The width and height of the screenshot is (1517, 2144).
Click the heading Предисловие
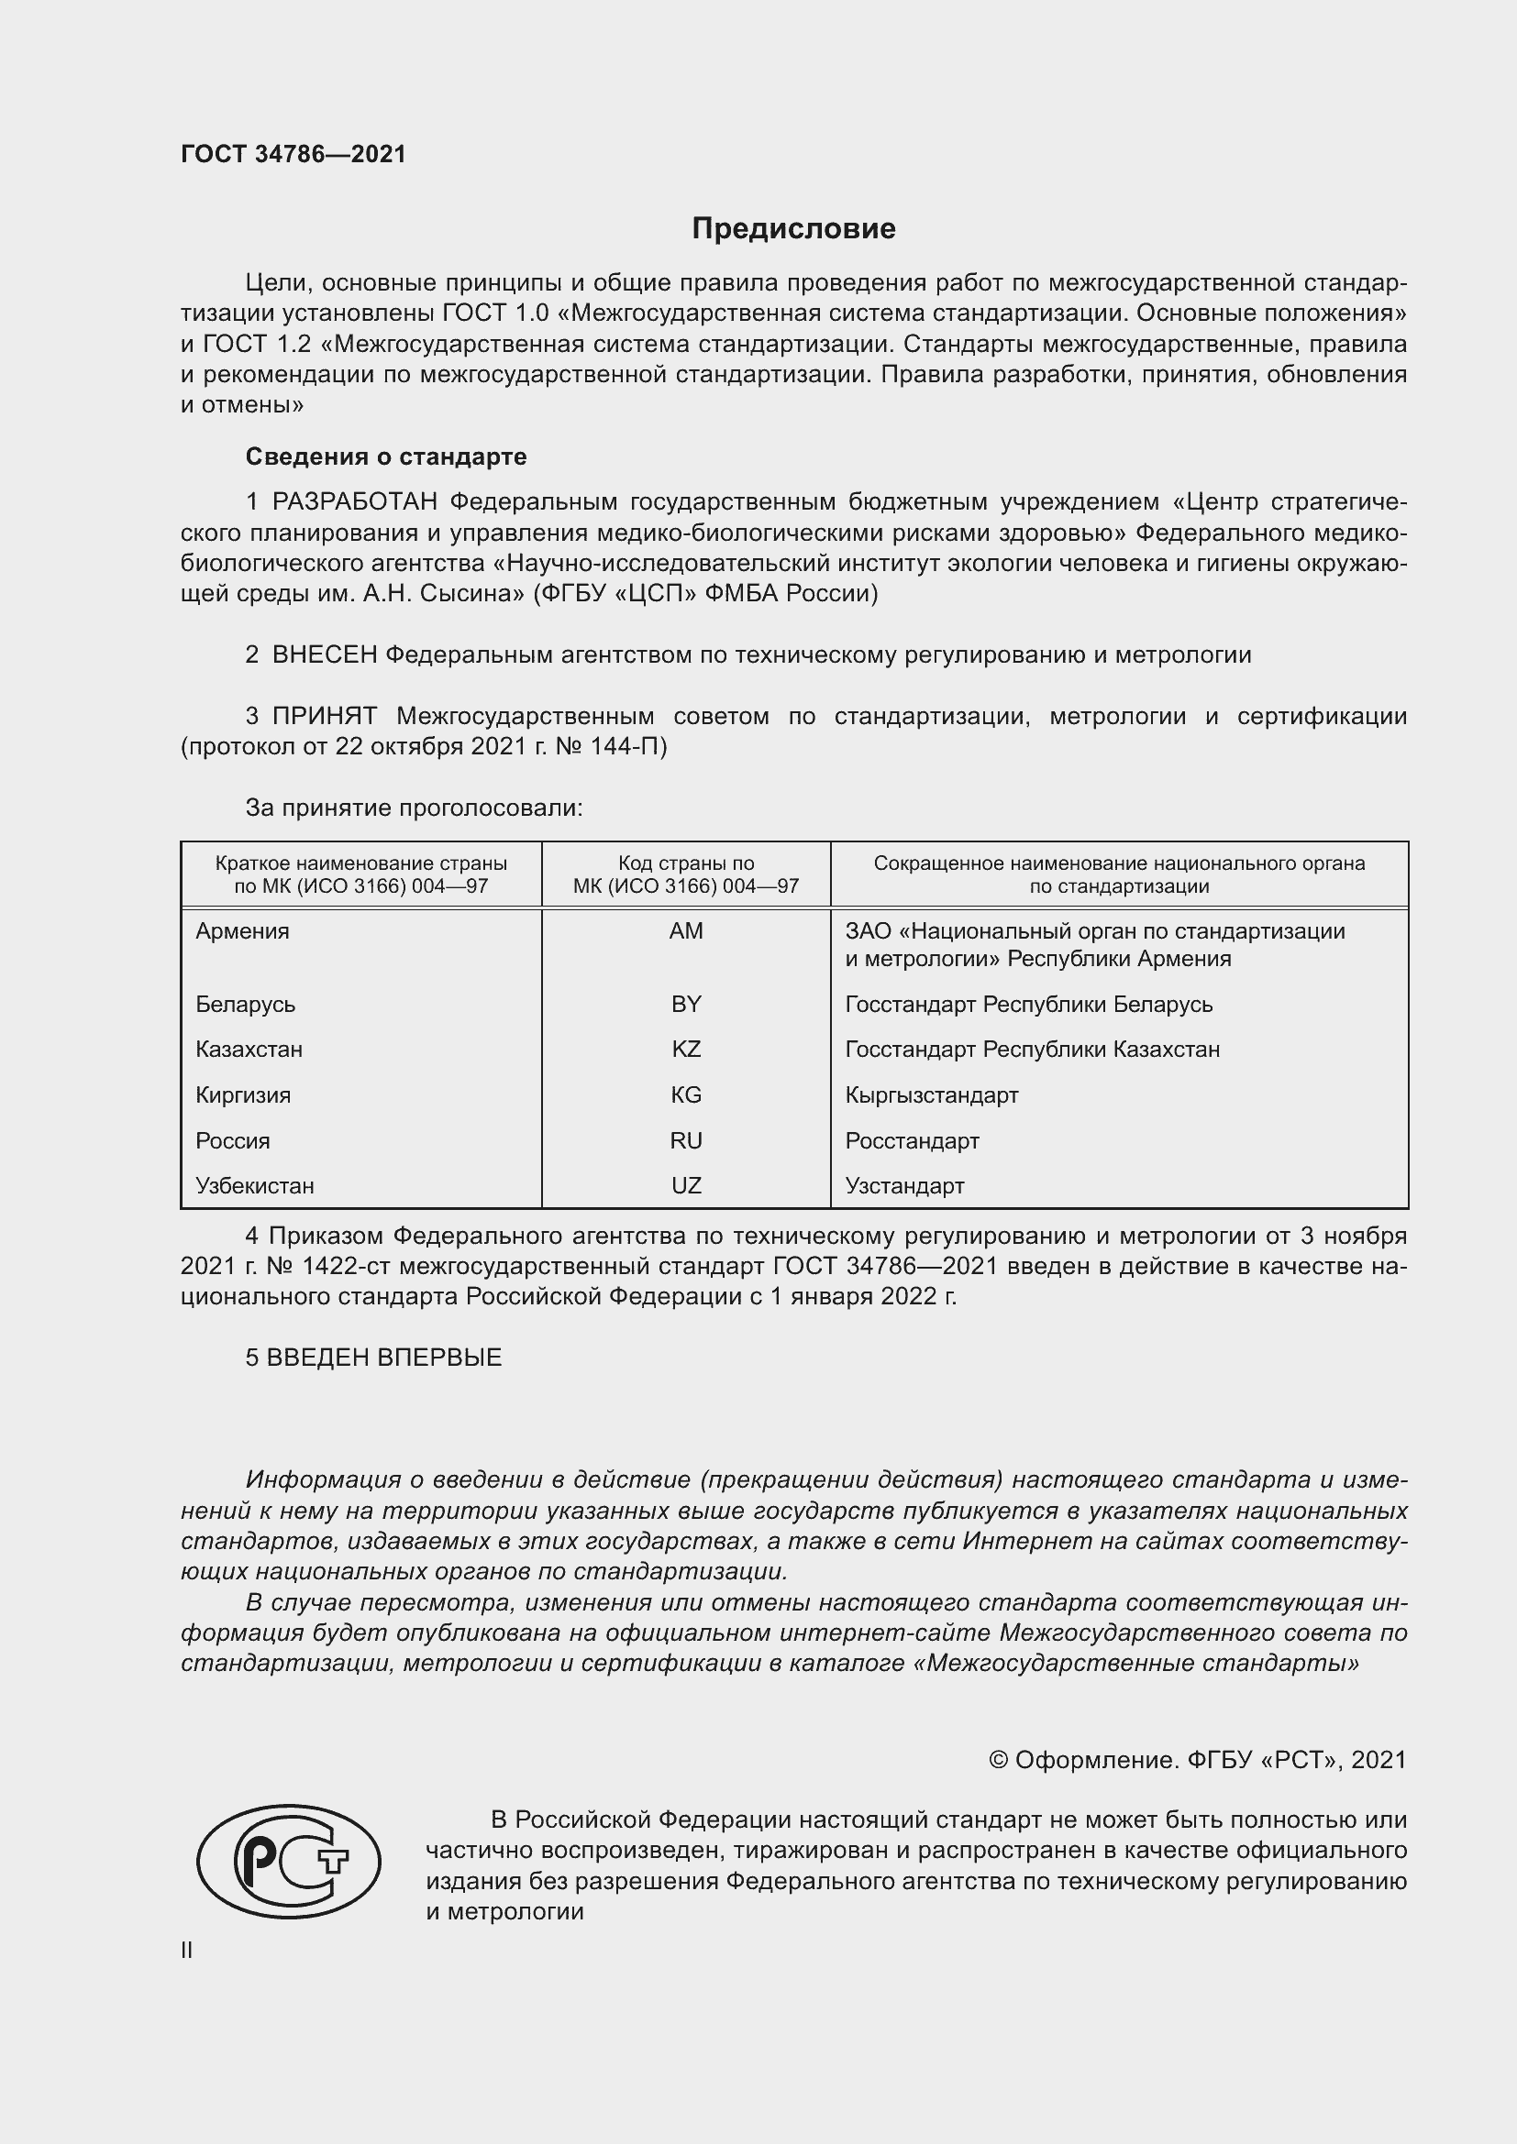coord(793,229)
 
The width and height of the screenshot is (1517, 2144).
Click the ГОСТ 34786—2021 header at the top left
coord(293,154)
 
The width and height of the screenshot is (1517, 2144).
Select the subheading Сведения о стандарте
coord(386,456)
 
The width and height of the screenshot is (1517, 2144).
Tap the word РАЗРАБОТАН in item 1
coord(355,502)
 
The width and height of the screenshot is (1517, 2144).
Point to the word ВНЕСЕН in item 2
coord(324,655)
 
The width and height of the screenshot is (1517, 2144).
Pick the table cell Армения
coord(243,931)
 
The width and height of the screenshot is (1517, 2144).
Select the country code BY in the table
coord(686,1004)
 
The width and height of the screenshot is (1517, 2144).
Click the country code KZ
coord(686,1049)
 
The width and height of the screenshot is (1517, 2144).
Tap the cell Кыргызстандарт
coord(931,1094)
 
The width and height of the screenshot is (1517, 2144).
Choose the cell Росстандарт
coord(912,1140)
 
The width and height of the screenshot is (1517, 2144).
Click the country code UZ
coord(686,1186)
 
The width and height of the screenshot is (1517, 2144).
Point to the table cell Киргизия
coord(243,1094)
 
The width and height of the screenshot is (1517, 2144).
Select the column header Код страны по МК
coord(686,874)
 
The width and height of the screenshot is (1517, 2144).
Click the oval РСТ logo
coord(289,1861)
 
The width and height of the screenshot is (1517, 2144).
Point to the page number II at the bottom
coord(187,1950)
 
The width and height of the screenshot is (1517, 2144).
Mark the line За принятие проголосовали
coord(414,808)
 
